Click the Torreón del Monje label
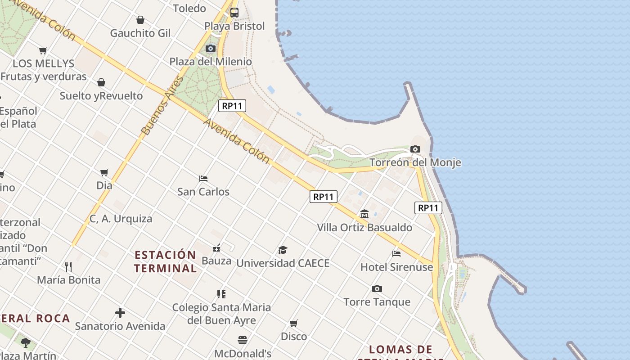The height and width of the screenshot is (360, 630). coord(415,162)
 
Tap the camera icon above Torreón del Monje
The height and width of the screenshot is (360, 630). coord(415,149)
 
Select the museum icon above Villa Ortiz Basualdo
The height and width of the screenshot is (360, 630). coord(364,214)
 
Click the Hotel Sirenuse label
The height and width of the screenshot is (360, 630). coord(396,267)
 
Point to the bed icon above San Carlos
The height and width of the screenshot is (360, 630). coord(203,178)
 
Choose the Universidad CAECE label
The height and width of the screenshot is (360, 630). coord(283,263)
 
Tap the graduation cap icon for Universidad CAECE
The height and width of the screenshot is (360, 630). coord(283,250)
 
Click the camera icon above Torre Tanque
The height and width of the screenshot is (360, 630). coord(377,288)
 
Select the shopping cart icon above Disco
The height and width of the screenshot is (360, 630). coord(294,323)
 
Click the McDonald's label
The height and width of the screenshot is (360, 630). coord(243,354)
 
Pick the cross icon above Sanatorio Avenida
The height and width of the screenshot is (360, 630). coord(120,313)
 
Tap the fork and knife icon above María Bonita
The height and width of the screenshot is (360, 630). coord(68,266)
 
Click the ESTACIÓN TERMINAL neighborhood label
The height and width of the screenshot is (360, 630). coord(166,261)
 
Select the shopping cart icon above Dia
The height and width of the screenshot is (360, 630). coord(104,172)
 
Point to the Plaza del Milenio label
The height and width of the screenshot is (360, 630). coord(210,62)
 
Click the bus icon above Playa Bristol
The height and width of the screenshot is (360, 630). coord(234,13)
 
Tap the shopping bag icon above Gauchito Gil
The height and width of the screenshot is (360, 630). coord(140,20)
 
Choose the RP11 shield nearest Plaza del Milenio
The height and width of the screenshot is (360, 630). coord(232,106)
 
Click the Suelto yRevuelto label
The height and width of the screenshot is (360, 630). coord(101,96)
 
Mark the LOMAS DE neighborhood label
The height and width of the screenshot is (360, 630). coord(400,349)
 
